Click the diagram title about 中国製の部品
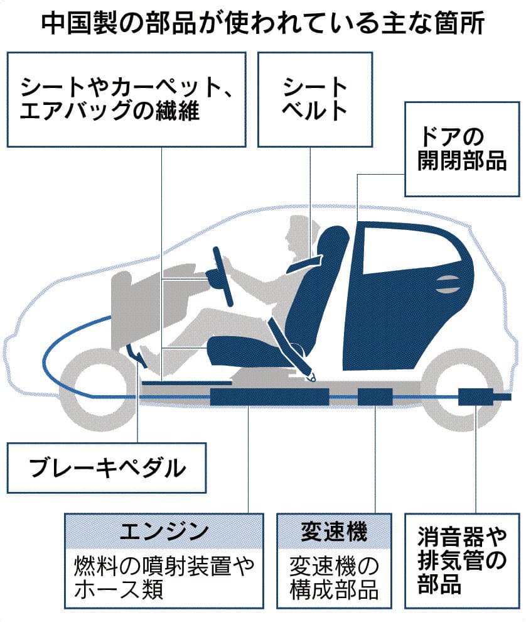click(262, 23)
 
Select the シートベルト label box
click(314, 99)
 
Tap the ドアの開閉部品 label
click(462, 150)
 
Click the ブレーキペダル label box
click(107, 467)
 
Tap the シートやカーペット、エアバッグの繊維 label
click(126, 99)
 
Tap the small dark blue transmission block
click(375, 397)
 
